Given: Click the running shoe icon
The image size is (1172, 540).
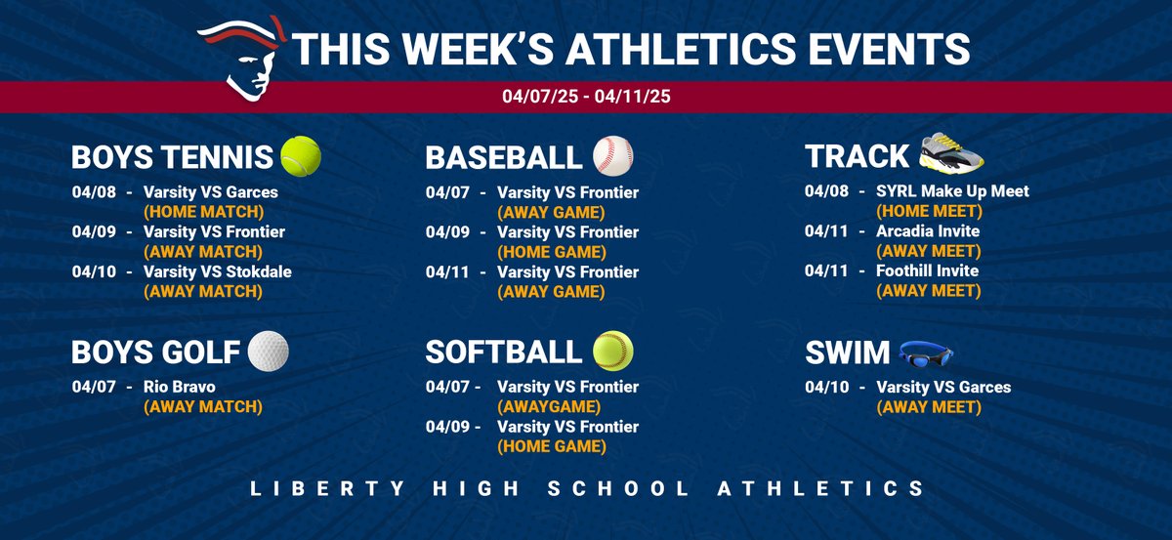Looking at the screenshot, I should [951, 152].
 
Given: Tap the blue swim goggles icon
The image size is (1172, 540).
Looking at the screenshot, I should [926, 352].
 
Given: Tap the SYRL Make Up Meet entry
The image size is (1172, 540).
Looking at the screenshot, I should [952, 191].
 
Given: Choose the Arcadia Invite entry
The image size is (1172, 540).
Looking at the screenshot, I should [928, 231].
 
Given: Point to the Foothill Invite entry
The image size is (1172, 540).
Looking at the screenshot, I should [927, 270].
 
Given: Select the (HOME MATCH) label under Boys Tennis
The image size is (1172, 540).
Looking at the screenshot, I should [203, 211].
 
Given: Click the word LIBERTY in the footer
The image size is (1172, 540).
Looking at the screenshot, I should [306, 488].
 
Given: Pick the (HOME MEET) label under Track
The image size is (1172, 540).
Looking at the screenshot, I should [927, 211].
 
